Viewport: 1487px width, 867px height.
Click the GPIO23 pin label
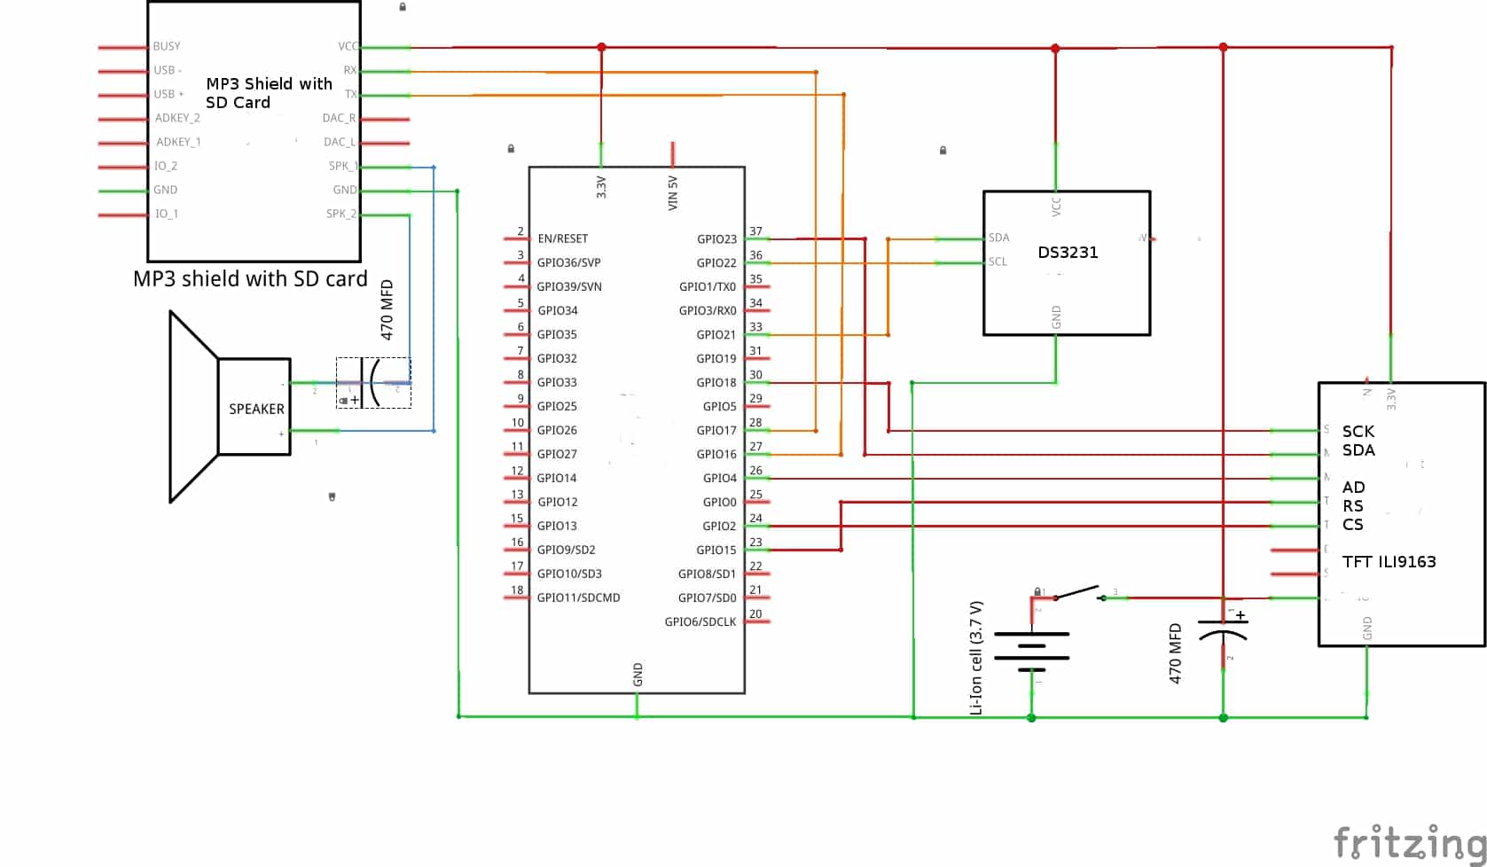(716, 239)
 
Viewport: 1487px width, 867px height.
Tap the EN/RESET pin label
(562, 238)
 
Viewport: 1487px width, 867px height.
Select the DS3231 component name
(1068, 253)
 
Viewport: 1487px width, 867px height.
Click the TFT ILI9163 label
(1389, 562)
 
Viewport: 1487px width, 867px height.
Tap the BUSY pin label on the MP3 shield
(167, 46)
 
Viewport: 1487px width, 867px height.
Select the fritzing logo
(1409, 842)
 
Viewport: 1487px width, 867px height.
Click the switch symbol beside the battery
(1078, 593)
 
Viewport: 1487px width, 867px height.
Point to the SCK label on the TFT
(1358, 432)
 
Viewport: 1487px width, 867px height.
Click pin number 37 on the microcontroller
(755, 231)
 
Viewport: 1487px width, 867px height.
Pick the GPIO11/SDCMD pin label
(578, 598)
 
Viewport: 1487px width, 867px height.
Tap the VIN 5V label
(673, 193)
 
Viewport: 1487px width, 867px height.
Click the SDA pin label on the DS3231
(998, 238)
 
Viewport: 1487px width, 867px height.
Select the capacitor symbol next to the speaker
(373, 383)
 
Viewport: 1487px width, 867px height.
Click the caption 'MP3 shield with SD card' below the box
(250, 279)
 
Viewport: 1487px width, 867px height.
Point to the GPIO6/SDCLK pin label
(700, 621)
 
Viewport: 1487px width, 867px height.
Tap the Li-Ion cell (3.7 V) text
(976, 658)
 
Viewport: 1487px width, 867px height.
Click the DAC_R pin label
(339, 118)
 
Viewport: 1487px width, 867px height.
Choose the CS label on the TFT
(1352, 525)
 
